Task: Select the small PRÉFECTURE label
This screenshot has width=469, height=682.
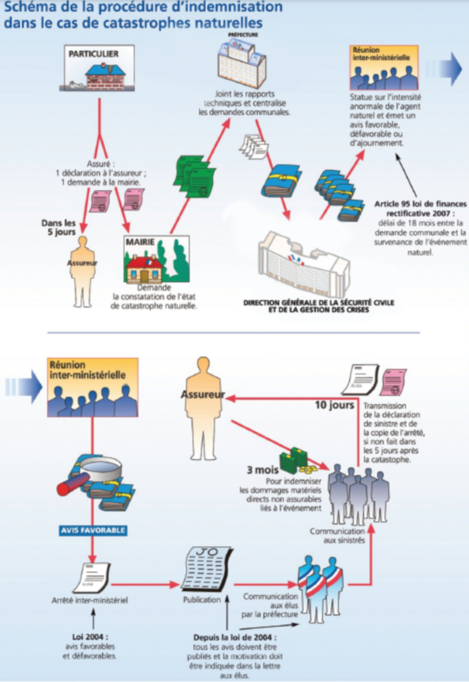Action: point(243,35)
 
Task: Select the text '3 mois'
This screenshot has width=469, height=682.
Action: point(262,470)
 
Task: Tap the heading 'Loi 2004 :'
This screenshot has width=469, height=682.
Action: point(90,637)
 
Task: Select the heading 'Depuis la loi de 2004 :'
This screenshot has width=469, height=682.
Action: point(235,638)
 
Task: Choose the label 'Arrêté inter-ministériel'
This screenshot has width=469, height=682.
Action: point(90,601)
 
